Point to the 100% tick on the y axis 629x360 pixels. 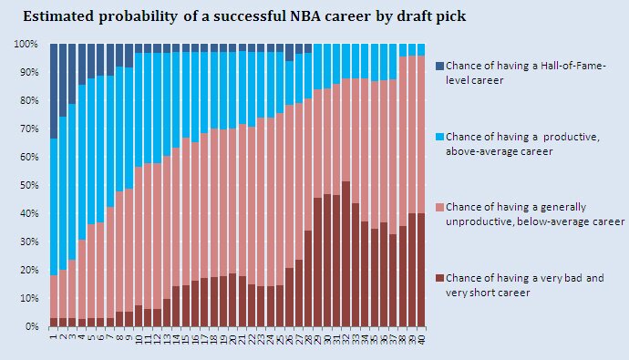pos(25,44)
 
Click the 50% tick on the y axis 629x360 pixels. pos(26,185)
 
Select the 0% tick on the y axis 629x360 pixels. pos(29,326)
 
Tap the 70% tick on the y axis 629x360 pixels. pos(26,129)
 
